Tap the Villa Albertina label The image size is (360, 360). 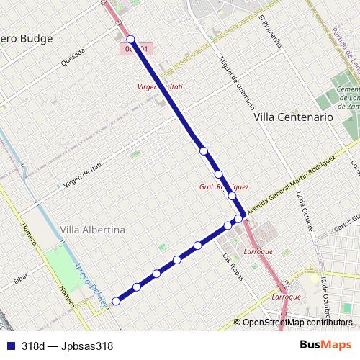[x=93, y=230]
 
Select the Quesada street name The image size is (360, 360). [x=74, y=56]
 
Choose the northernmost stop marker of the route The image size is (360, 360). [x=130, y=39]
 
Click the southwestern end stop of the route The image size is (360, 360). [x=115, y=301]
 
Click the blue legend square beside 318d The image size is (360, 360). [x=9, y=345]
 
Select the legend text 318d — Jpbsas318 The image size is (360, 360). [x=67, y=345]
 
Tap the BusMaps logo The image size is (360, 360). [x=325, y=345]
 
